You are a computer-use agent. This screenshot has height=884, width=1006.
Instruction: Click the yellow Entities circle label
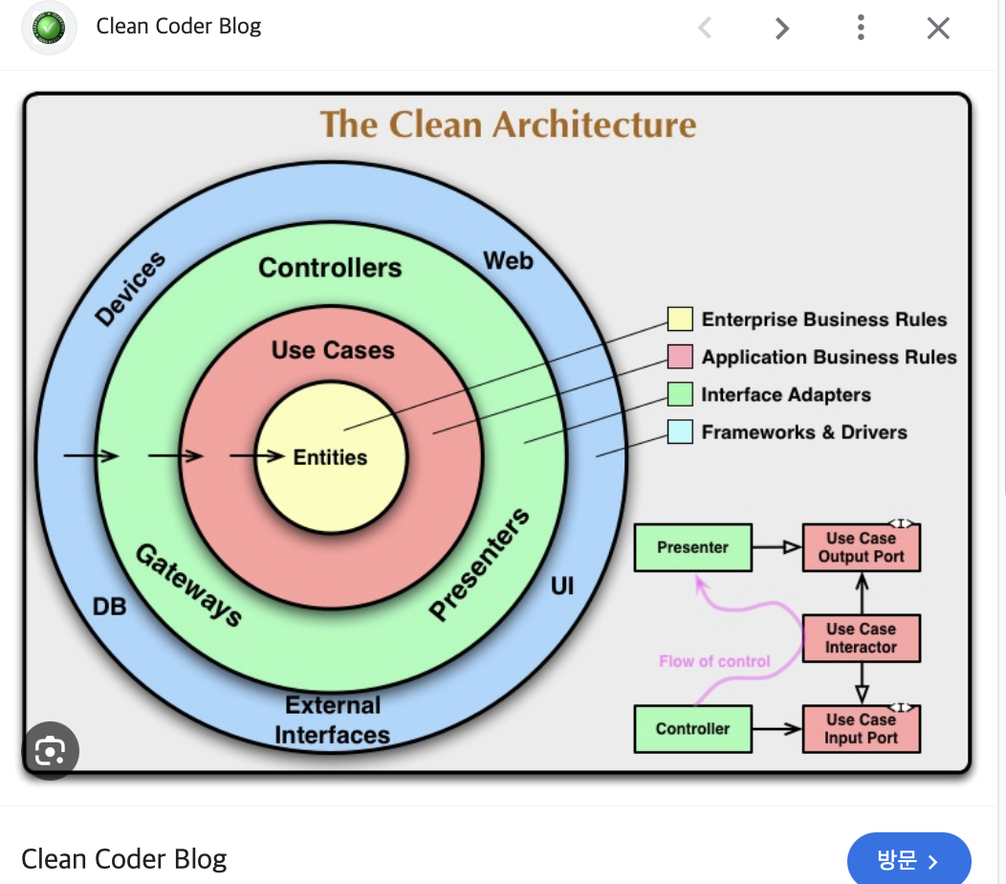[330, 457]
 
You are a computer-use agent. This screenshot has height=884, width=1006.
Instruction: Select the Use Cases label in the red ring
[333, 350]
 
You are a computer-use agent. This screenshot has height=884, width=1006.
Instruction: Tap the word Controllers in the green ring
[330, 268]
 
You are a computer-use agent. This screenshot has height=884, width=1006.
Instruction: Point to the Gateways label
[188, 584]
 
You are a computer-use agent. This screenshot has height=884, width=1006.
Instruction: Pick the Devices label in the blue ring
[130, 288]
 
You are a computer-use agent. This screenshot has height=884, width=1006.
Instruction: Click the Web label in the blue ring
[508, 260]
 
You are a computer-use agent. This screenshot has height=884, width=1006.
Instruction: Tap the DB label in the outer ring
[109, 607]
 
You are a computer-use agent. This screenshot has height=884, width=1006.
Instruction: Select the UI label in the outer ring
[562, 586]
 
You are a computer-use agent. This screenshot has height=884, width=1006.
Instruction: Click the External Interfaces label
[332, 720]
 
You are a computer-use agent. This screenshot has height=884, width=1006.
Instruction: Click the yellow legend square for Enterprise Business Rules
[680, 320]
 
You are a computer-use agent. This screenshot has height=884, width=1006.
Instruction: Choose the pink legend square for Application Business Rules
[680, 357]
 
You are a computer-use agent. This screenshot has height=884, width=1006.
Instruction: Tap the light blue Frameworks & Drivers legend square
[680, 432]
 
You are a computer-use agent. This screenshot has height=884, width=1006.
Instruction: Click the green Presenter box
[693, 548]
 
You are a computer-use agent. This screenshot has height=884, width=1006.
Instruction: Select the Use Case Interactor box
[861, 638]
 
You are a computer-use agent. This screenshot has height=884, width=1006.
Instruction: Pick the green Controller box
[693, 729]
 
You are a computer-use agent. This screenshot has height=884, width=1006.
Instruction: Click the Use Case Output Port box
[861, 548]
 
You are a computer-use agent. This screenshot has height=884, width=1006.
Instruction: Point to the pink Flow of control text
[714, 661]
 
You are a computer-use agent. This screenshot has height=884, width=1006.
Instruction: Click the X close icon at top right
[938, 29]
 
